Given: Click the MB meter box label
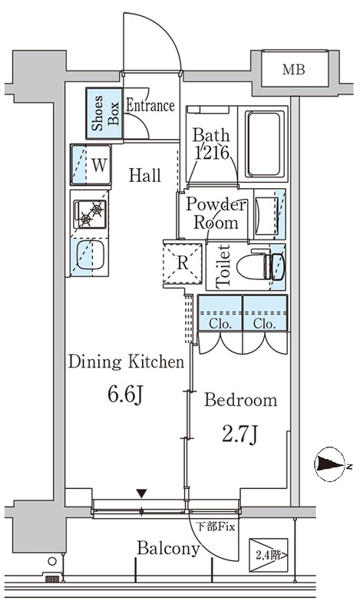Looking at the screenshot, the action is pyautogui.click(x=294, y=70).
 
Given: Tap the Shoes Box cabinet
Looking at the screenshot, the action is pyautogui.click(x=104, y=113).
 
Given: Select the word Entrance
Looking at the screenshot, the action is pyautogui.click(x=150, y=106).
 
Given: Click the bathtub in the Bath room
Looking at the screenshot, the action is pyautogui.click(x=264, y=144).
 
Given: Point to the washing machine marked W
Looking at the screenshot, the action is pyautogui.click(x=91, y=164).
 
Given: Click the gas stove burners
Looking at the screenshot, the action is pyautogui.click(x=90, y=215).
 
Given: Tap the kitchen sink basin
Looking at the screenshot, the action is pyautogui.click(x=90, y=256).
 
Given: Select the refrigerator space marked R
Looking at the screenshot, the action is pyautogui.click(x=183, y=263).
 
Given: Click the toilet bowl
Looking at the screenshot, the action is pyautogui.click(x=259, y=266).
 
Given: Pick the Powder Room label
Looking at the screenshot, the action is pyautogui.click(x=216, y=214).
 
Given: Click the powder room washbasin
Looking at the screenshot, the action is pyautogui.click(x=267, y=214).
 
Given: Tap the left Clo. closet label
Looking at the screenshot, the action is pyautogui.click(x=220, y=325).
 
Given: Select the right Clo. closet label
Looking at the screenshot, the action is pyautogui.click(x=264, y=325).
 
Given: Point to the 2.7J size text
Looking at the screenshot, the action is pyautogui.click(x=239, y=434).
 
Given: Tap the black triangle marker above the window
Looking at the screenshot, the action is pyautogui.click(x=142, y=494).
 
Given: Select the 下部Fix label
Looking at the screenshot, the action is pyautogui.click(x=216, y=527).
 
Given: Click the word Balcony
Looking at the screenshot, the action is pyautogui.click(x=168, y=549).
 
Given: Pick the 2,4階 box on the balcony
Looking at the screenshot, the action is pyautogui.click(x=269, y=555).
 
